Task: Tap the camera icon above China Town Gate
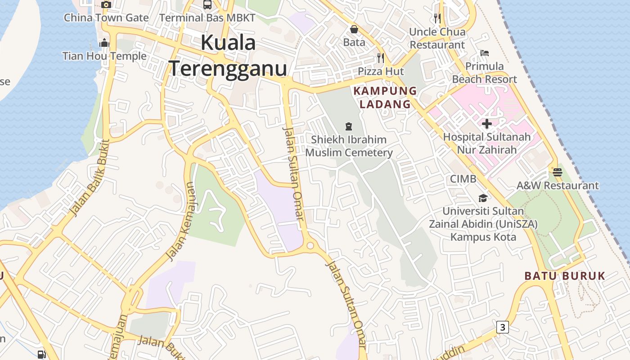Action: [106, 5]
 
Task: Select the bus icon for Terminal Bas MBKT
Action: [207, 5]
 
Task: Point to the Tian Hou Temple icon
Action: [104, 43]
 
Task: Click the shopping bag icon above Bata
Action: [354, 30]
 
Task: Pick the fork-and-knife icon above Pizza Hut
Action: [381, 58]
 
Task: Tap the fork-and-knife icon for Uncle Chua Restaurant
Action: [437, 18]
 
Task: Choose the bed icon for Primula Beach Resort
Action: [484, 53]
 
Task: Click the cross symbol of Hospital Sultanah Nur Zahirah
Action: [486, 123]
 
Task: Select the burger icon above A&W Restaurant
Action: [558, 172]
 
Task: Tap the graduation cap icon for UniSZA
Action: [483, 198]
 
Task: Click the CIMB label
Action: [463, 179]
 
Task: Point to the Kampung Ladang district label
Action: [385, 97]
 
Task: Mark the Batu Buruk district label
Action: [565, 276]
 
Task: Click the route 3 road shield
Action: [503, 327]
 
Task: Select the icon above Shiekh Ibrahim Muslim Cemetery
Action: [348, 126]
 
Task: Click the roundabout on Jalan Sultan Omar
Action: [310, 246]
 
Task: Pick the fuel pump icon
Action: [41, 355]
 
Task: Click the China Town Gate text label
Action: [106, 18]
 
